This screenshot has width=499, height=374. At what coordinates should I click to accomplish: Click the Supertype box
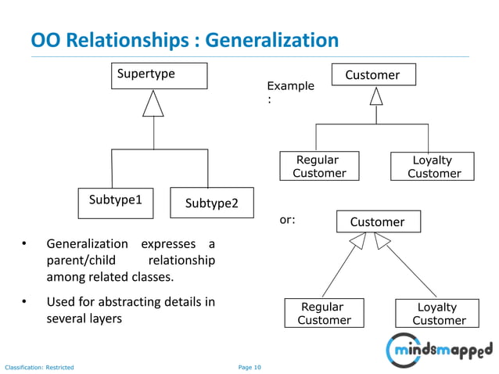(x=158, y=76)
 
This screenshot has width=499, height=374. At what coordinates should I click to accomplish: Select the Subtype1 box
(x=115, y=201)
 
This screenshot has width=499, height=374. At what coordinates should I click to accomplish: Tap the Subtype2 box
(x=211, y=203)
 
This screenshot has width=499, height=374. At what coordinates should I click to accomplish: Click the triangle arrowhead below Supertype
(x=153, y=104)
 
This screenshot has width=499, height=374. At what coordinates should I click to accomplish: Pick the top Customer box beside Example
(x=372, y=75)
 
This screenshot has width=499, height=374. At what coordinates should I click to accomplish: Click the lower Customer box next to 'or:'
(x=377, y=222)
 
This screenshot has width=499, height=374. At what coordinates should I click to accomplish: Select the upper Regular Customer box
(x=319, y=167)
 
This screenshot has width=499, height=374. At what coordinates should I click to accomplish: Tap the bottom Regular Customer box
(x=324, y=313)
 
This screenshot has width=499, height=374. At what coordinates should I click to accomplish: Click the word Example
(x=290, y=86)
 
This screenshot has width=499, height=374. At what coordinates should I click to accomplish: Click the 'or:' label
(x=287, y=220)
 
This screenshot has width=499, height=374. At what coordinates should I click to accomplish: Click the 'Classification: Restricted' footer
(x=39, y=366)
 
